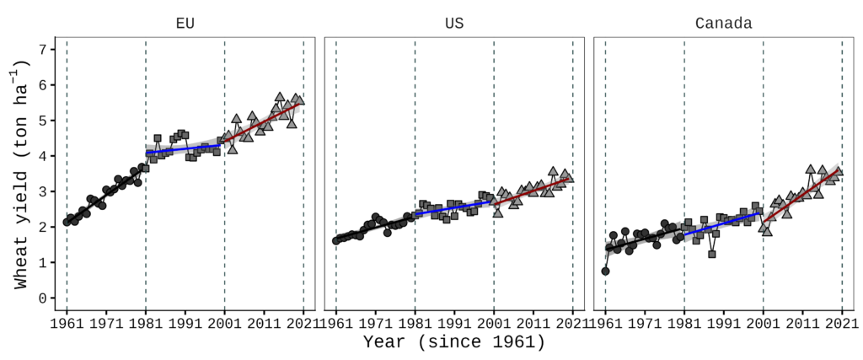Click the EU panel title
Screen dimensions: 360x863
pyautogui.click(x=185, y=24)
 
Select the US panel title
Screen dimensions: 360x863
pyautogui.click(x=454, y=24)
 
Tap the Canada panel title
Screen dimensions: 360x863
pyautogui.click(x=723, y=24)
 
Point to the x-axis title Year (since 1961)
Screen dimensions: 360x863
pyautogui.click(x=454, y=343)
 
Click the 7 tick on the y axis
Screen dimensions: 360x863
pyautogui.click(x=44, y=49)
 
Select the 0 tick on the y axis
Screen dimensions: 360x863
pyautogui.click(x=44, y=298)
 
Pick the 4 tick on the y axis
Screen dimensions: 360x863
pyautogui.click(x=44, y=156)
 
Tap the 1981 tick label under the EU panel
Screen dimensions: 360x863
pyautogui.click(x=146, y=322)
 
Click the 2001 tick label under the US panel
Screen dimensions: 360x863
pyautogui.click(x=494, y=322)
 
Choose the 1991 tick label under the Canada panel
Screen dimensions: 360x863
pyautogui.click(x=723, y=322)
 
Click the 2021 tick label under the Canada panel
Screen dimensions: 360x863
pyautogui.click(x=841, y=322)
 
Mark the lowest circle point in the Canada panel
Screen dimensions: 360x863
pyautogui.click(x=605, y=271)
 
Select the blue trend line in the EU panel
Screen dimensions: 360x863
pyautogui.click(x=185, y=149)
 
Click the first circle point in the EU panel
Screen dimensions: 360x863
pyautogui.click(x=67, y=223)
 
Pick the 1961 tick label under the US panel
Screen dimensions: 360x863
pyautogui.click(x=336, y=322)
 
